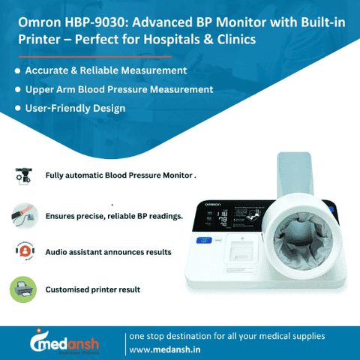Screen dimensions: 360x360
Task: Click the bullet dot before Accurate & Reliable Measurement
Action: click(x=17, y=70)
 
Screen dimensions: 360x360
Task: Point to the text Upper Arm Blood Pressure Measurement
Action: click(x=119, y=89)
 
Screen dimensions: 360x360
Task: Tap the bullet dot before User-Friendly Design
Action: click(x=17, y=109)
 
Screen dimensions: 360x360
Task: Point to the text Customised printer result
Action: click(x=92, y=289)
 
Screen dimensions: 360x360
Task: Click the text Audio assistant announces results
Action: click(x=108, y=252)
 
